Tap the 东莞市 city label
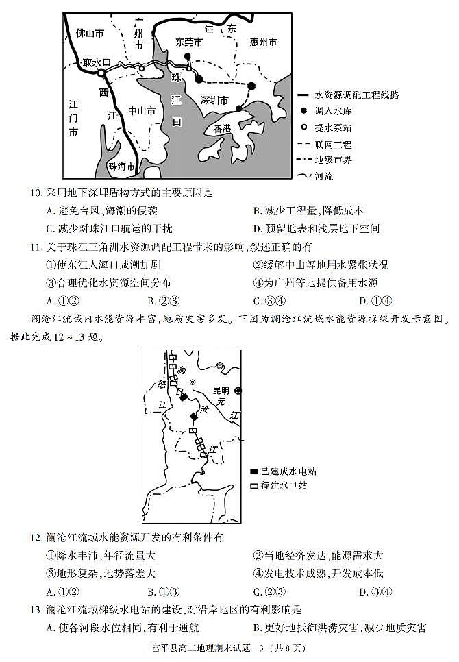click(189, 42)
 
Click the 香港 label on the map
click(223, 128)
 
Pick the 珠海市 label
click(123, 167)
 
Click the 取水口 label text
click(96, 62)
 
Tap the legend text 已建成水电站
click(288, 471)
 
